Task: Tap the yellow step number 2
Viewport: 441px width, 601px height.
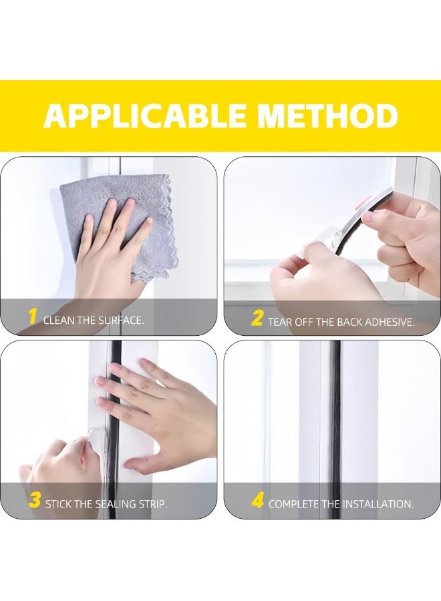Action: point(257,319)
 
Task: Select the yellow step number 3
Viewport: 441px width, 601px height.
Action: point(34,501)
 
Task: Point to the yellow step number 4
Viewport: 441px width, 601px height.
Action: point(257,502)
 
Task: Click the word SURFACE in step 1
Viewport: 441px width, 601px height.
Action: point(119,321)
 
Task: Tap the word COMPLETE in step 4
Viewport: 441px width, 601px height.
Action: point(295,504)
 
